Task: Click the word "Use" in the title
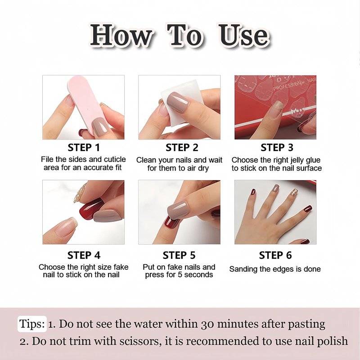244,35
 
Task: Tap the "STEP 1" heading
84,148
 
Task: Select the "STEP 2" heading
182,148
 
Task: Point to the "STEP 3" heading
277,148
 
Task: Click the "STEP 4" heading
84,255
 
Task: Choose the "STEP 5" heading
179,255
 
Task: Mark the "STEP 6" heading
275,255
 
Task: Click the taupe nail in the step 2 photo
178,102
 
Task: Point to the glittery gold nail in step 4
80,193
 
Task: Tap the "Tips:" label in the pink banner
32,324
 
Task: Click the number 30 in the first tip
207,324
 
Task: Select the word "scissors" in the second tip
137,341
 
